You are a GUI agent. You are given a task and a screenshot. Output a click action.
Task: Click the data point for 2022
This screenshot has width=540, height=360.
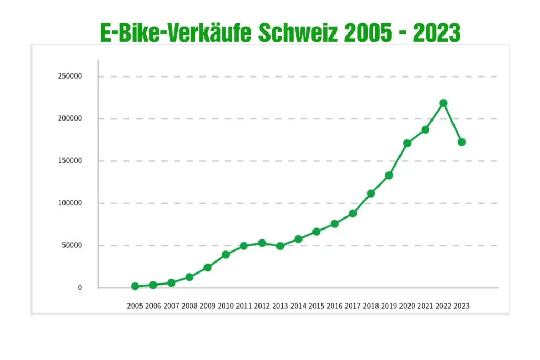tap(444, 103)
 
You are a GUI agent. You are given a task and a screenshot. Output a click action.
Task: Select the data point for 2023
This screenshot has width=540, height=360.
tap(461, 142)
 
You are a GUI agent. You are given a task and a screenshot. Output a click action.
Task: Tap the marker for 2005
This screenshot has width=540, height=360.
tap(135, 286)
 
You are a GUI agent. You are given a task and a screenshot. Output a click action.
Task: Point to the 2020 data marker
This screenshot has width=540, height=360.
tap(407, 143)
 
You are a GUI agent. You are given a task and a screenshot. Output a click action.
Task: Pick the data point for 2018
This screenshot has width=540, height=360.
tap(371, 193)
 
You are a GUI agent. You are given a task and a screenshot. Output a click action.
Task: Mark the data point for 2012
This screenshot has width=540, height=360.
tap(262, 243)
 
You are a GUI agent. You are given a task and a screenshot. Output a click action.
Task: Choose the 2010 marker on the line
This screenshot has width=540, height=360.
tap(226, 255)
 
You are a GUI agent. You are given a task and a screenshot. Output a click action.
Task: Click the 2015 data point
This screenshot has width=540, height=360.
tap(316, 232)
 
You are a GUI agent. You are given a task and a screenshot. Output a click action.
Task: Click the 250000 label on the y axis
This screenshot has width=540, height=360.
tap(70, 76)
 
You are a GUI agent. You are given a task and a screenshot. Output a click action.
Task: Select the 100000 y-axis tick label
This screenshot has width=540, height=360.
tap(70, 203)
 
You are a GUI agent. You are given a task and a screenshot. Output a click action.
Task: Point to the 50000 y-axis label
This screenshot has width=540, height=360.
tap(72, 245)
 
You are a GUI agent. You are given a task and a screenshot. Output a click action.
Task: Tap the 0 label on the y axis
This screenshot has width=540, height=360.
tap(80, 288)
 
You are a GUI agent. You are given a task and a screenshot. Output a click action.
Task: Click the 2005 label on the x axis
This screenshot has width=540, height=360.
tap(135, 306)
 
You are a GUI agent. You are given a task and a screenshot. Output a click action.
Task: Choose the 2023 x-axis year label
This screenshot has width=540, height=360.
tap(461, 306)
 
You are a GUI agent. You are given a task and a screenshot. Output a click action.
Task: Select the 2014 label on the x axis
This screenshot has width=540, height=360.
tap(298, 306)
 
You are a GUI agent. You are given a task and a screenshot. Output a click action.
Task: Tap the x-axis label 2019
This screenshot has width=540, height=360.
tap(389, 306)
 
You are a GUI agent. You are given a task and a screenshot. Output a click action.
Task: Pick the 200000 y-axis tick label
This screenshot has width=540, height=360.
tap(70, 118)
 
